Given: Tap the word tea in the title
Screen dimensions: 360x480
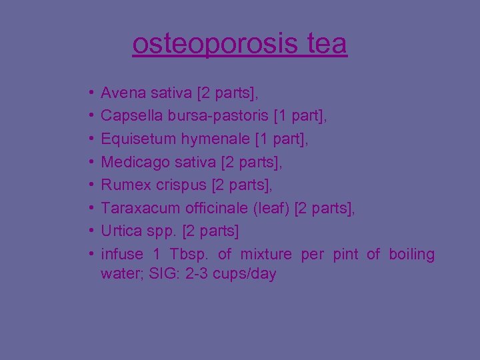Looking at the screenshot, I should (x=327, y=44).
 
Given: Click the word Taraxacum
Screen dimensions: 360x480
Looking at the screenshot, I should (x=141, y=208).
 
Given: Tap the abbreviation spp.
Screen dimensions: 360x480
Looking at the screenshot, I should (x=157, y=231).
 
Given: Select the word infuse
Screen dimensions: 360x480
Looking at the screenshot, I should (x=122, y=254).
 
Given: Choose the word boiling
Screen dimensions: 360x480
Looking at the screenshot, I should (x=411, y=254).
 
